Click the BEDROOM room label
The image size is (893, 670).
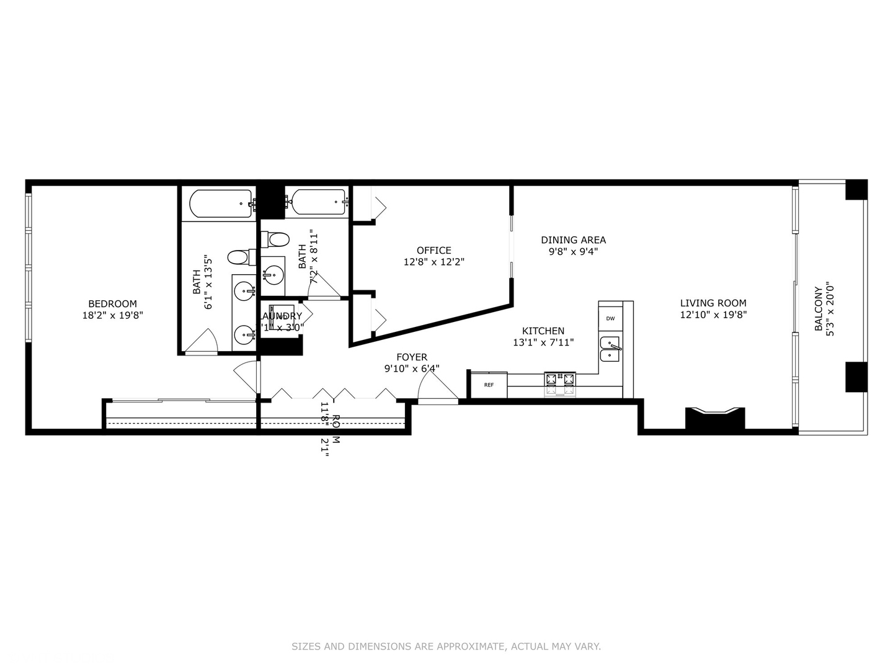coord(112,303)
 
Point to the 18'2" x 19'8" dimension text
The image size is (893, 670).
coord(112,315)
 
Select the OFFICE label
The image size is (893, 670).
coord(433,251)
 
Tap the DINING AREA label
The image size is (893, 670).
coord(573,239)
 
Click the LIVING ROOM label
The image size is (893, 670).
coord(713,303)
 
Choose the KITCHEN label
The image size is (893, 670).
coord(543,331)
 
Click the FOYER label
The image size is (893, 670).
coord(412,357)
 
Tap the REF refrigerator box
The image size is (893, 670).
coord(489,385)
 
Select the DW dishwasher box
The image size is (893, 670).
coord(610,318)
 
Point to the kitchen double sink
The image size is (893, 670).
coord(610,349)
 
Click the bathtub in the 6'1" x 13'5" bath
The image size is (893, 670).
coord(221,203)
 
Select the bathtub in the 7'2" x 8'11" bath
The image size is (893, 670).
coord(318,202)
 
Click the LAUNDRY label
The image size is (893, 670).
coord(280,316)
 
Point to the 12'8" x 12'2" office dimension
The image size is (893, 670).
coord(433,262)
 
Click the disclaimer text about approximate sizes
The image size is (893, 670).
coord(446,646)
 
